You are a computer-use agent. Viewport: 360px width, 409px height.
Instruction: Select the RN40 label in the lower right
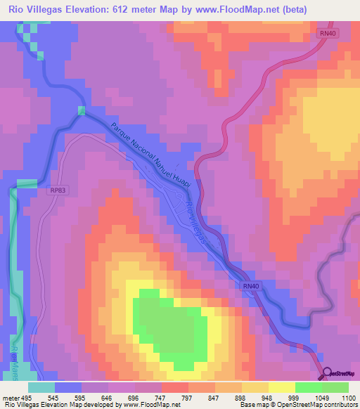point(251,285)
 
